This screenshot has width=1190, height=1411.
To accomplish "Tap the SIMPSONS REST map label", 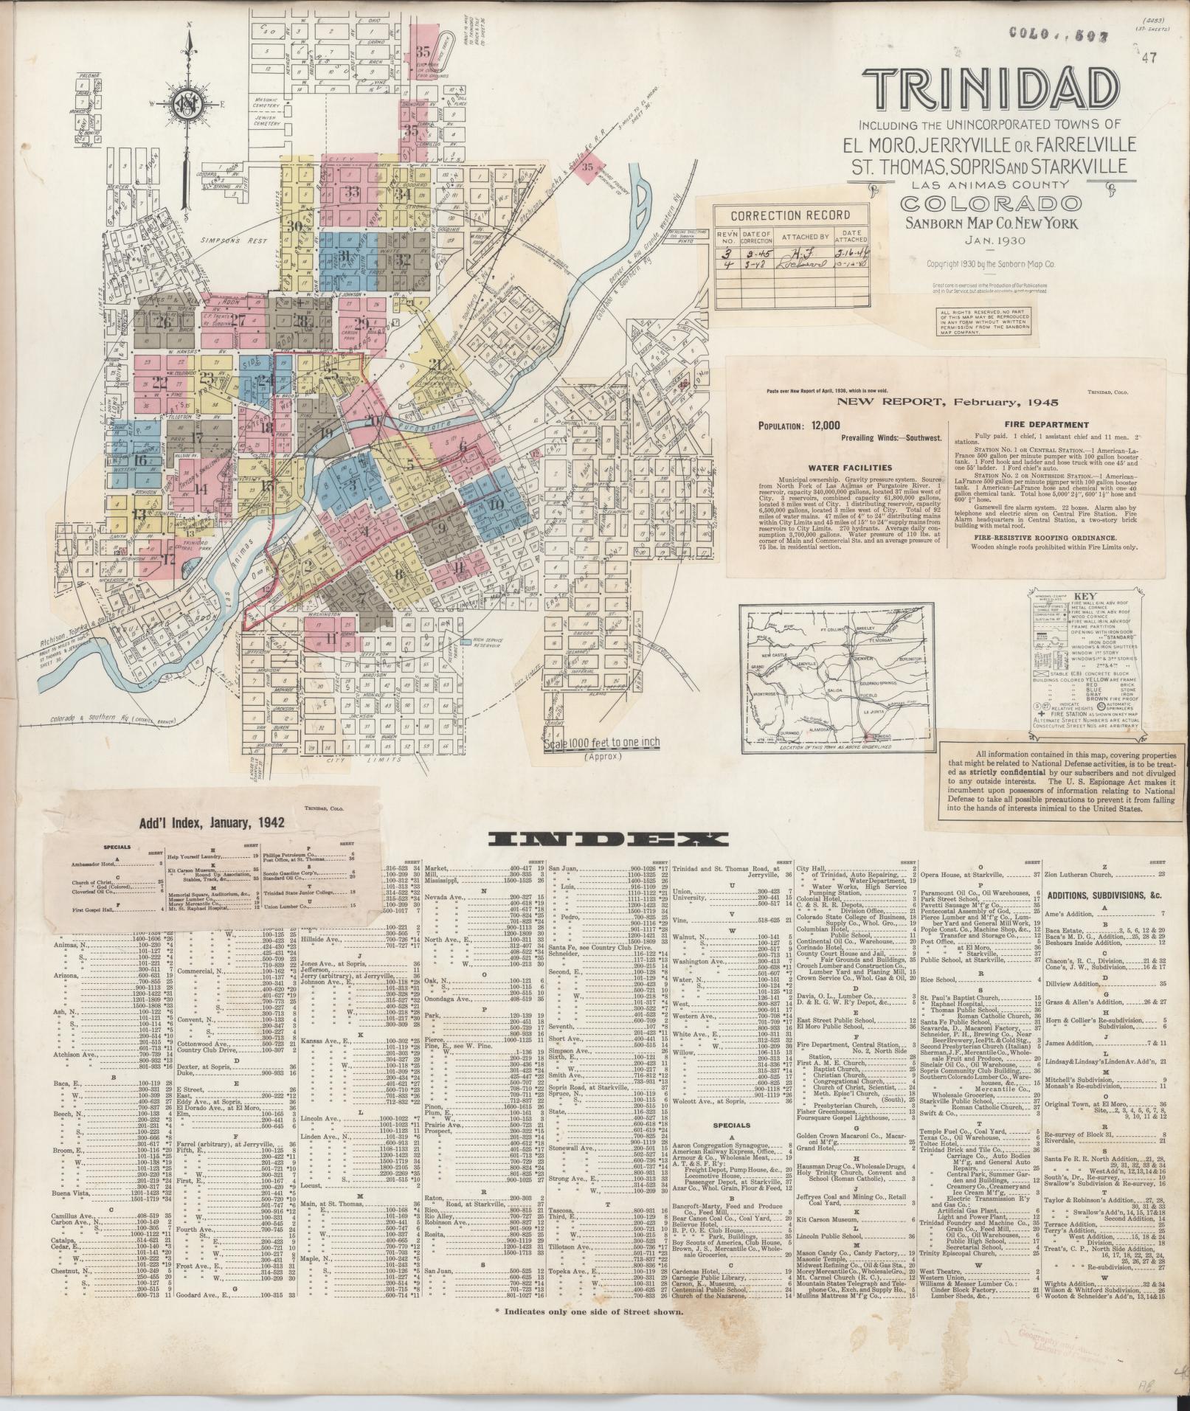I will tap(225, 241).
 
